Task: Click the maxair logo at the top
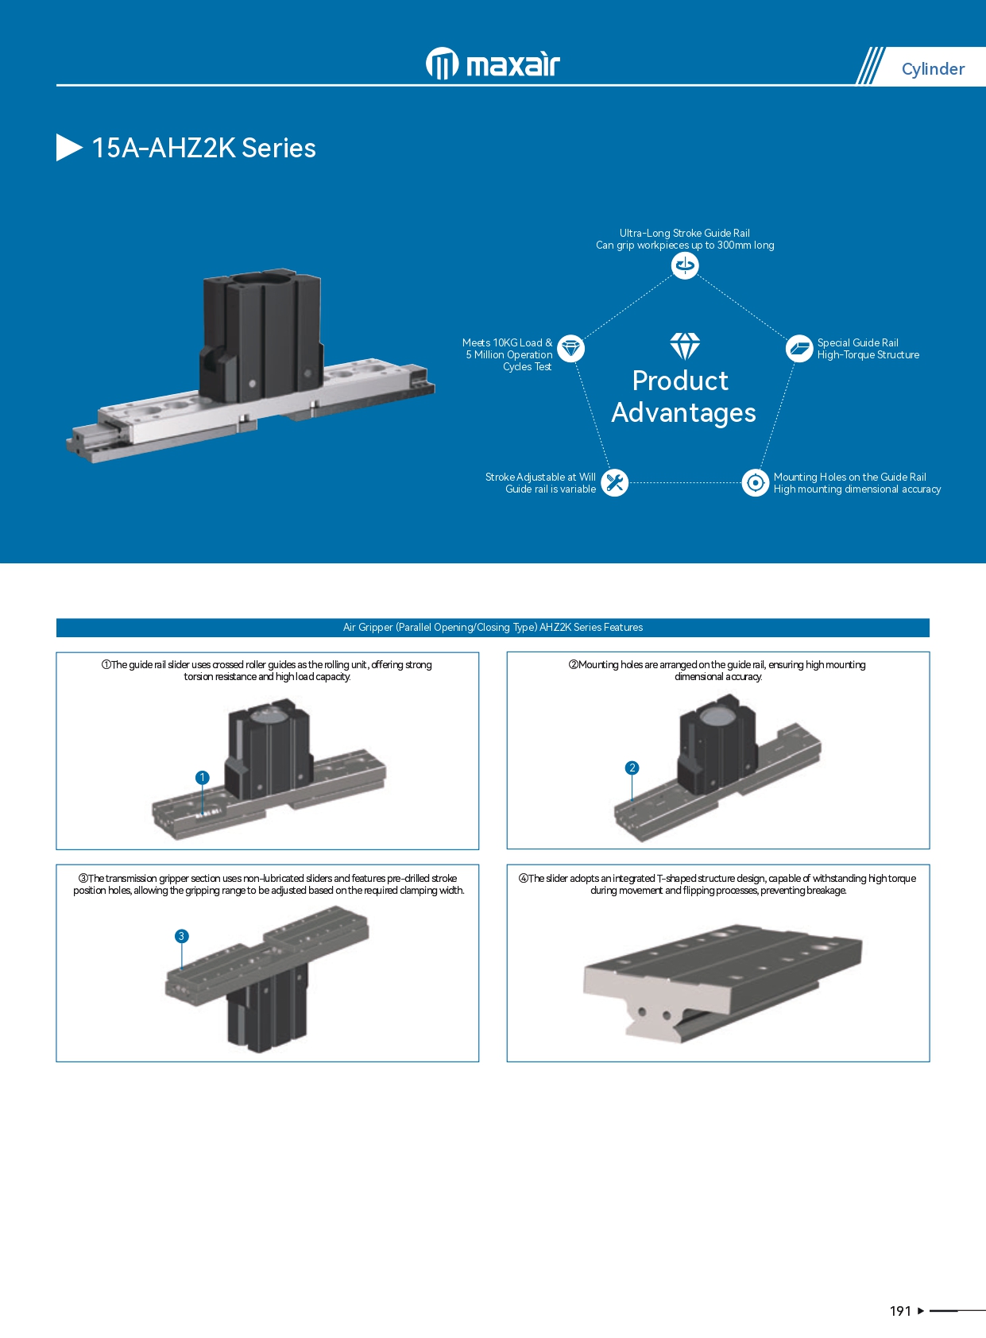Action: (493, 64)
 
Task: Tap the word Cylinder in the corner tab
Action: (933, 69)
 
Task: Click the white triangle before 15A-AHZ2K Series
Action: (69, 148)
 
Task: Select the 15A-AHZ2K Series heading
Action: (203, 149)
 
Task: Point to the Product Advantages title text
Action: (682, 396)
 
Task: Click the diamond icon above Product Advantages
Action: (685, 346)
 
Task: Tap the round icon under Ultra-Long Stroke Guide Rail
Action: (685, 265)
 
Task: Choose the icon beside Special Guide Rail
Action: (798, 348)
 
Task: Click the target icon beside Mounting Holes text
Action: (755, 482)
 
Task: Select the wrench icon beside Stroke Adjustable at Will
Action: (614, 482)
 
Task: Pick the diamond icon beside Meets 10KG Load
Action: (570, 348)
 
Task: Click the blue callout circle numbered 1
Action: (203, 777)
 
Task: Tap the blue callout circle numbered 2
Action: (632, 768)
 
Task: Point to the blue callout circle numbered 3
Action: (181, 936)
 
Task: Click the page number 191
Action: (900, 1311)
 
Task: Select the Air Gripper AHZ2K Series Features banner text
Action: (493, 628)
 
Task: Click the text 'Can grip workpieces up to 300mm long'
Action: (685, 246)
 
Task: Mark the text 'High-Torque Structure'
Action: (868, 355)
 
